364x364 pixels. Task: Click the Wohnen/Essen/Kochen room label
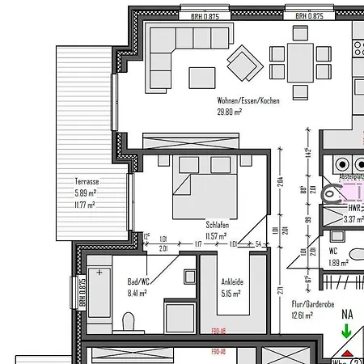tap(248, 101)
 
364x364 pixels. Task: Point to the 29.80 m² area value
tap(230, 112)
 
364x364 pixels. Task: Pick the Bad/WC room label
tap(139, 282)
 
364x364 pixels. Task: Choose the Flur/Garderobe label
tap(312, 304)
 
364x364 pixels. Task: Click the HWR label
tap(332, 208)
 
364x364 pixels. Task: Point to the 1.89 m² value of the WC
tap(339, 263)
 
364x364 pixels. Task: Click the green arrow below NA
tap(346, 331)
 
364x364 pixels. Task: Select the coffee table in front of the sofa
tap(202, 77)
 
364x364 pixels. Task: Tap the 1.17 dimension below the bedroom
tap(197, 243)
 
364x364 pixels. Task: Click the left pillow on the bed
tap(189, 165)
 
